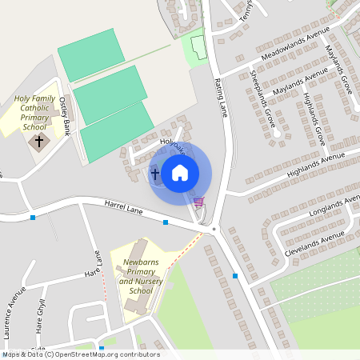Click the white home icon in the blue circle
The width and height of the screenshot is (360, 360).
pyautogui.click(x=180, y=172)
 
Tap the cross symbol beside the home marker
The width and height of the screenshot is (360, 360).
pyautogui.click(x=155, y=173)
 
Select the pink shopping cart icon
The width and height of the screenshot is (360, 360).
pyautogui.click(x=198, y=202)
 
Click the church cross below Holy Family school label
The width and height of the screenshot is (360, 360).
pyautogui.click(x=38, y=142)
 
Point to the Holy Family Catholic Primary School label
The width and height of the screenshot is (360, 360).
pyautogui.click(x=34, y=112)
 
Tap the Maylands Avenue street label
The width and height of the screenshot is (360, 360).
pyautogui.click(x=300, y=83)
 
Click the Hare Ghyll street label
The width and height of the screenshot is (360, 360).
pyautogui.click(x=40, y=314)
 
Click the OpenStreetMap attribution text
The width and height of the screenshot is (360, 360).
pyautogui.click(x=80, y=354)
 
